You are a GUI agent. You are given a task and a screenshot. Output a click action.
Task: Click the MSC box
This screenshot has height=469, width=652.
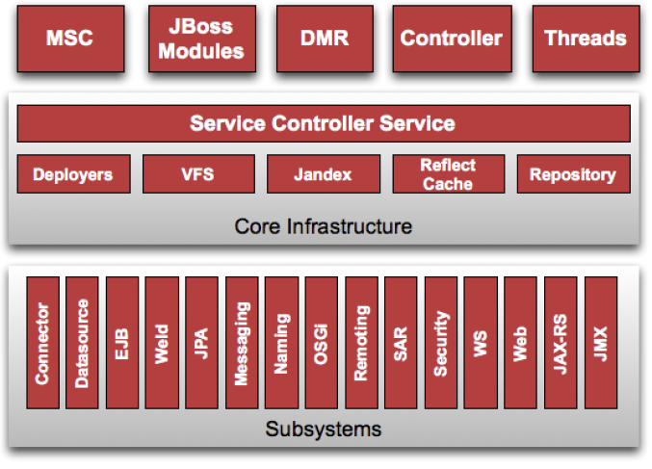coord(70,39)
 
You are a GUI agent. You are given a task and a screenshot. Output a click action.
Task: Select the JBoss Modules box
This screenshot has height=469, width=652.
coord(202,39)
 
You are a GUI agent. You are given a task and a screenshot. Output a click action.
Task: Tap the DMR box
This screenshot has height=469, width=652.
coord(325,39)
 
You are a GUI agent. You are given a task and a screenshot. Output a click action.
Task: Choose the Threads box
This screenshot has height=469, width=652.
coord(586,39)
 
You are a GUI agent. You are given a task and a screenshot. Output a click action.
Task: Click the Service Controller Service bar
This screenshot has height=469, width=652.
coord(324,123)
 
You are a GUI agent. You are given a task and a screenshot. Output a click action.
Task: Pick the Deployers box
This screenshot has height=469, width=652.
coord(73,173)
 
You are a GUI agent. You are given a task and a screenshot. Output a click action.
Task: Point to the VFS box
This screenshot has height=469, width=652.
coord(198,173)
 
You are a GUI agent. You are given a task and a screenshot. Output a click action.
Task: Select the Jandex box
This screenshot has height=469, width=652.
coord(324,173)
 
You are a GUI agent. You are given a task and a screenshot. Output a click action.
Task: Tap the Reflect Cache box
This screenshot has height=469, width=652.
coord(449,173)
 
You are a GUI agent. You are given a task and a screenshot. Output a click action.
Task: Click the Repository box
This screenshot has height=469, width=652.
coord(574,173)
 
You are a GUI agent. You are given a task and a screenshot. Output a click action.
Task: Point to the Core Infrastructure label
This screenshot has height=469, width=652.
coord(323,226)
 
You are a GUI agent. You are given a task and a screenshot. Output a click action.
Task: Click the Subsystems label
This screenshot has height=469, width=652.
coord(323,430)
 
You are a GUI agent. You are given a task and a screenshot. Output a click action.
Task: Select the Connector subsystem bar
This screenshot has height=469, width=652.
coord(42,343)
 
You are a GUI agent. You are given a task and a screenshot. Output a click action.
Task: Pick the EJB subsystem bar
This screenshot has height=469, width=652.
coord(122,343)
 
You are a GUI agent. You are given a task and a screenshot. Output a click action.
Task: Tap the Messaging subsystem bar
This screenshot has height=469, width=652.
coord(242,343)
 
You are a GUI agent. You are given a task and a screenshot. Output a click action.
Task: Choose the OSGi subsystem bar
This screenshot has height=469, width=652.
coord(322,343)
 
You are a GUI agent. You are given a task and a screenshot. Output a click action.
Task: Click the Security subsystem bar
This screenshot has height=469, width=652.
coord(441,343)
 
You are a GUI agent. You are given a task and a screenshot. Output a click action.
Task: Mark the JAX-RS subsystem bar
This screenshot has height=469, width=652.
coord(561,343)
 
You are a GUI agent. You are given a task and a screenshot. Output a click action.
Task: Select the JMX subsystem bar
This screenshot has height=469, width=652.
coord(601,343)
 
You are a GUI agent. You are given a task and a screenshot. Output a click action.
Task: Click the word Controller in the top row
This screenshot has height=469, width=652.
coord(451,39)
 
